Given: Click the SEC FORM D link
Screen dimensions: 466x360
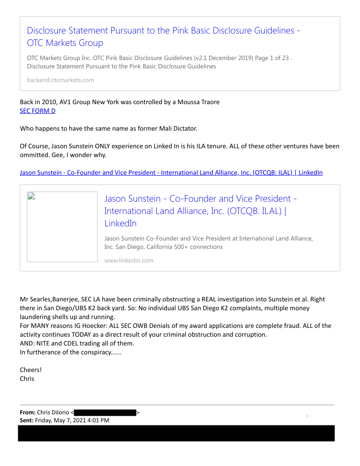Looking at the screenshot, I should (37, 111).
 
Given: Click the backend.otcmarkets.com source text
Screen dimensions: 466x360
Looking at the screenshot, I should (60, 80).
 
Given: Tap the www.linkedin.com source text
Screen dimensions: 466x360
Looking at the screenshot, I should (129, 260).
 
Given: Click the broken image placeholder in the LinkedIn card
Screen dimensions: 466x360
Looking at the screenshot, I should (62, 227).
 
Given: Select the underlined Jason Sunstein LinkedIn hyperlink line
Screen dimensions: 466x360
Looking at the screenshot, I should (171, 173).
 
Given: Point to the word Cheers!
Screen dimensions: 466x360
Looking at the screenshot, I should (30, 370).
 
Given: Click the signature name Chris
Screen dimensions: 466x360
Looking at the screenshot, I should (27, 379).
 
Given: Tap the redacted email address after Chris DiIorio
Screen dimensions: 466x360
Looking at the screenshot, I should (105, 413).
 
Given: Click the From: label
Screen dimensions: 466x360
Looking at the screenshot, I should (27, 412).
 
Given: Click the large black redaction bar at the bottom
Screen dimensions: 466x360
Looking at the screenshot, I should (176, 433).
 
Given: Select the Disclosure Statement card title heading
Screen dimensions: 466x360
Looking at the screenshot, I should (163, 37).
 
